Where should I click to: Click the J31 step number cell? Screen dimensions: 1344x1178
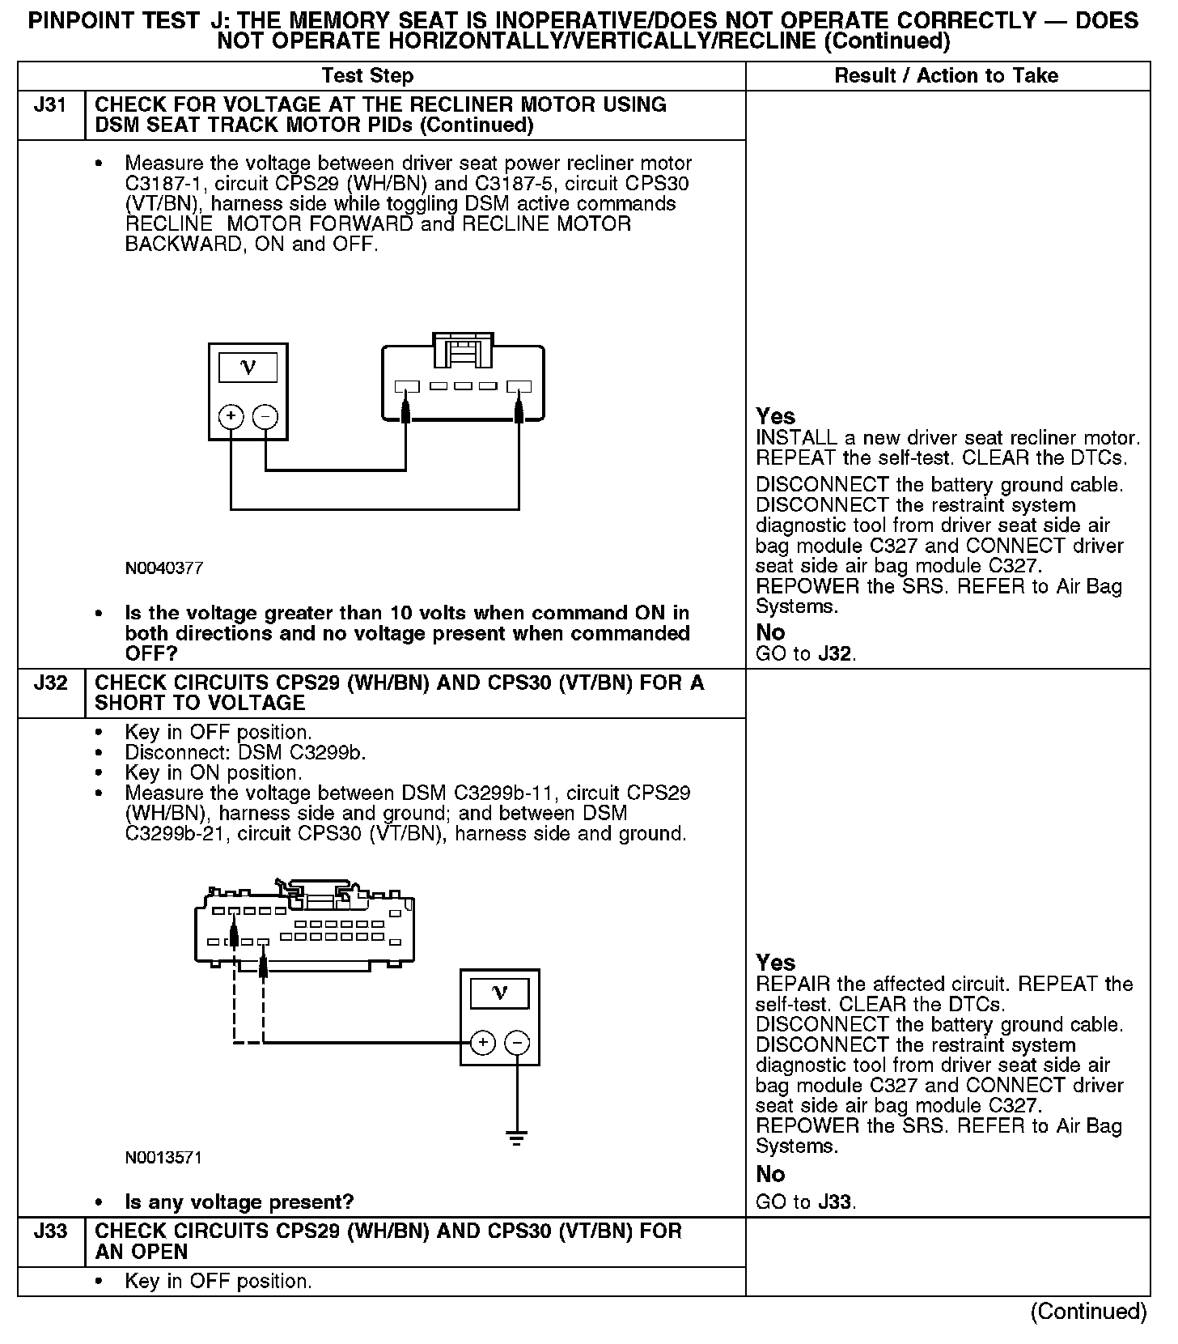50,105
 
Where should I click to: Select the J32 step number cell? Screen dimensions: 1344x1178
50,683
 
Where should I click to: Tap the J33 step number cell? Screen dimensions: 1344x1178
50,1231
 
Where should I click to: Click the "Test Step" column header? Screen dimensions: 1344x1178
367,76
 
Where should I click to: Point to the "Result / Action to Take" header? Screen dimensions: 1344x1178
946,76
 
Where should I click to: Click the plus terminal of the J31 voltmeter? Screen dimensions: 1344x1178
231,417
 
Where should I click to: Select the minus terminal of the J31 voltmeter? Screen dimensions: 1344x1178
265,417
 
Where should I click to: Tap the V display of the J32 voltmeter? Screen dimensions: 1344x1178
500,993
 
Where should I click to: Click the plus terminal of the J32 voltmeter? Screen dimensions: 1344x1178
482,1042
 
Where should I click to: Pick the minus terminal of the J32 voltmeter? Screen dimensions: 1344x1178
518,1042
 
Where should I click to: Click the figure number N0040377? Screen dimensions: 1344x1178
163,568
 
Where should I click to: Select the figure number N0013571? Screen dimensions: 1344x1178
163,1158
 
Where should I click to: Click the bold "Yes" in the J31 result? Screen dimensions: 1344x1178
775,416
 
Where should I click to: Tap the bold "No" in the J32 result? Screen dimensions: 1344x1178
770,1174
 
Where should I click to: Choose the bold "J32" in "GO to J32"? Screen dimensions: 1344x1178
835,653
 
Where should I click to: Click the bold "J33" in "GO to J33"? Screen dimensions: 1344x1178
835,1202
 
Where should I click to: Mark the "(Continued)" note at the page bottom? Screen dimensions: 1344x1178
1088,1312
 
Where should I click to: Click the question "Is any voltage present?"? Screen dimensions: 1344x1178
239,1202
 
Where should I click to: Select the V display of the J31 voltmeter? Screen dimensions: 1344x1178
248,368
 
